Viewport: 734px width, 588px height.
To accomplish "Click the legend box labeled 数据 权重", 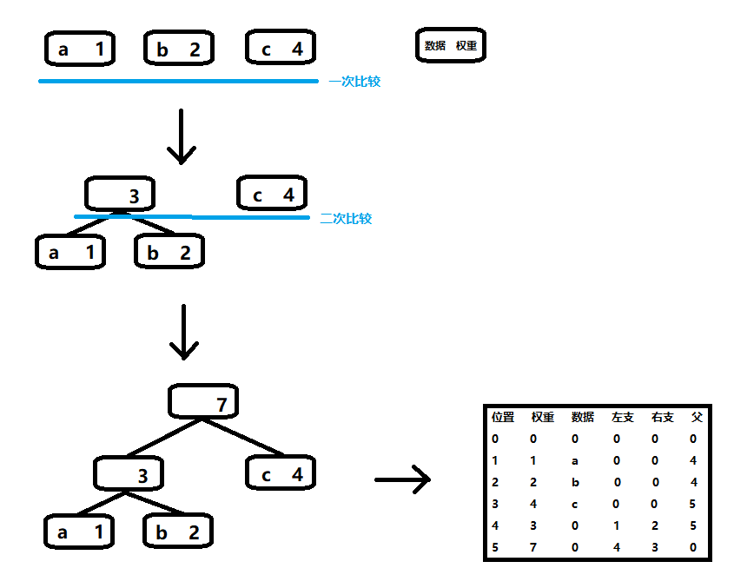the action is point(450,45).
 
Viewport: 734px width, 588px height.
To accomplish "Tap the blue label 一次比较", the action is point(354,82).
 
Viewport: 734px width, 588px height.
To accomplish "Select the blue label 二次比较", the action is point(346,218).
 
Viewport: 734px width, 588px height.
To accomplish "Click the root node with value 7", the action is point(203,401).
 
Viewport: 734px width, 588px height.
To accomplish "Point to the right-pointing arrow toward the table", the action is point(402,479).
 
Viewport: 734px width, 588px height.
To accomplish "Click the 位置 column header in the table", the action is point(503,417).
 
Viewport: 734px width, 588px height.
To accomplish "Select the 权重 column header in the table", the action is point(543,417).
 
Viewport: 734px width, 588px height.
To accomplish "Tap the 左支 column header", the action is point(623,417).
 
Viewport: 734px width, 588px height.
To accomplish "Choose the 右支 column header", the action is point(663,417).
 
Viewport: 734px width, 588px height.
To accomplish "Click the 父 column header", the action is point(697,417).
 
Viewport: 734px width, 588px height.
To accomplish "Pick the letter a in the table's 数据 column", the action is point(575,461).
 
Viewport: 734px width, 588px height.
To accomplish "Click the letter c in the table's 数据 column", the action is point(575,505).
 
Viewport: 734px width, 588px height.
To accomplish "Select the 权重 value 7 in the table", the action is point(533,547).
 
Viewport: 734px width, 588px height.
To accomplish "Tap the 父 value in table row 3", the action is point(693,504).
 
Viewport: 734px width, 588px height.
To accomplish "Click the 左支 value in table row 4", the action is point(617,525).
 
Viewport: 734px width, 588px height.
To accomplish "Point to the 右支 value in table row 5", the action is point(655,547).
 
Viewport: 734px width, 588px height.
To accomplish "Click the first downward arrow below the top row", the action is point(182,136).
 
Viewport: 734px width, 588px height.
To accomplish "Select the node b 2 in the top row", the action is point(179,48).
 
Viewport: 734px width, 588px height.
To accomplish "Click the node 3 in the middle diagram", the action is point(120,194).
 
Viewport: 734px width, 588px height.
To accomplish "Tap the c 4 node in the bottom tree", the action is point(281,472).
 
